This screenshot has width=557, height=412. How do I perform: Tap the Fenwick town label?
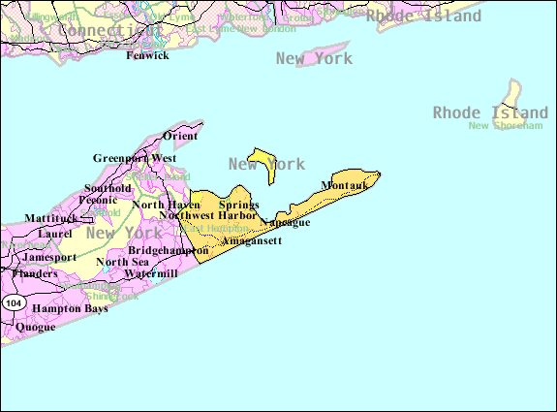click(x=147, y=55)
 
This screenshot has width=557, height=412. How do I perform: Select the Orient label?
click(x=180, y=137)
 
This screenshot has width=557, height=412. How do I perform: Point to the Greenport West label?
click(x=135, y=158)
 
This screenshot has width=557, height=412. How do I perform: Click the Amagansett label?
click(x=252, y=240)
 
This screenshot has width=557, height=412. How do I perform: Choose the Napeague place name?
click(x=285, y=223)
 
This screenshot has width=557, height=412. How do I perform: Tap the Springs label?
click(x=238, y=205)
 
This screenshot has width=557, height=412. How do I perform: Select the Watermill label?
click(x=151, y=273)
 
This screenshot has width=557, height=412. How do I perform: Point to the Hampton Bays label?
click(x=70, y=308)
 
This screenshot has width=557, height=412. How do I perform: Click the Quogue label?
click(x=35, y=327)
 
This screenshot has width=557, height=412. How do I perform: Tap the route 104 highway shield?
click(x=13, y=303)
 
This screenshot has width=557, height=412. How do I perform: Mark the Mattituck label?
click(x=50, y=219)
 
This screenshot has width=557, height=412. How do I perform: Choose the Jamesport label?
click(x=49, y=257)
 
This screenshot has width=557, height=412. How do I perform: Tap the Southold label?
click(x=108, y=188)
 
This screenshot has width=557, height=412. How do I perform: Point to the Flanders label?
click(x=35, y=273)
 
